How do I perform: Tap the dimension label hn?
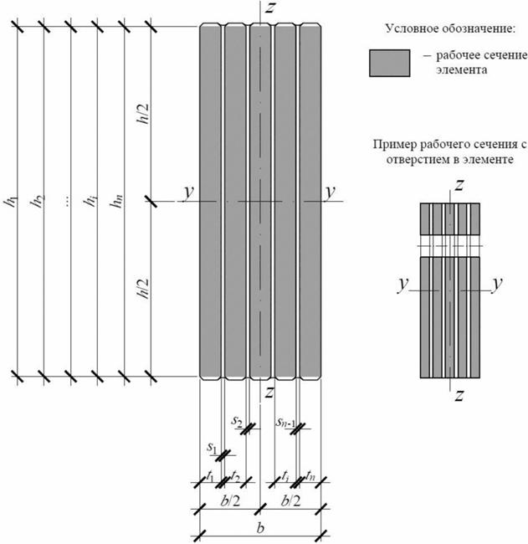[x=123, y=203]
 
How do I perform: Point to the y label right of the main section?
[x=331, y=192]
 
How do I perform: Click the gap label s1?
[x=212, y=448]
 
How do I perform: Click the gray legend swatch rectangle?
[x=389, y=64]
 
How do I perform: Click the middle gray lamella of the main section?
[x=261, y=201]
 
